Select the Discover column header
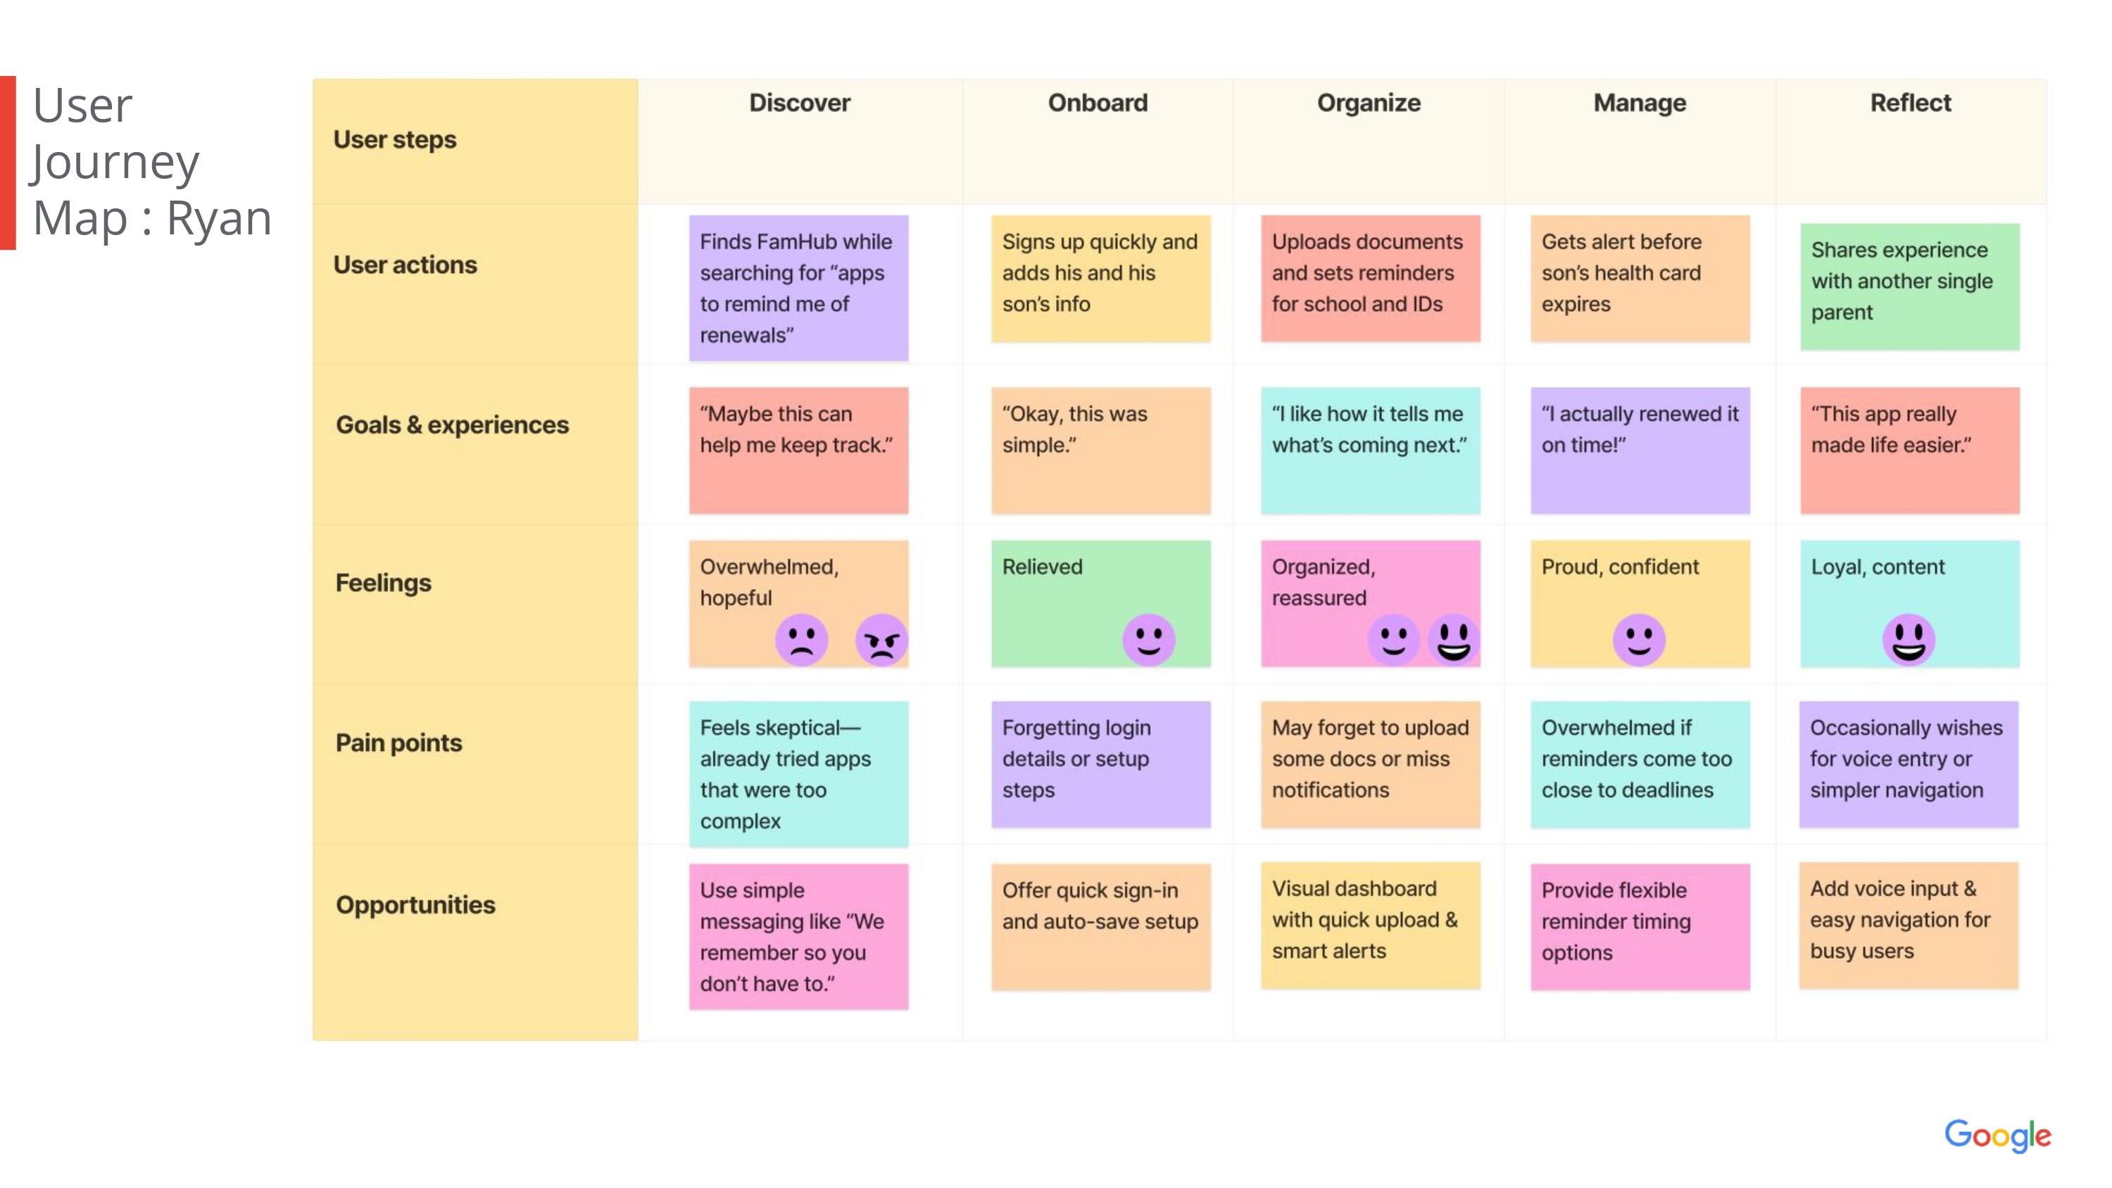coord(799,103)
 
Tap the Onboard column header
coord(1098,103)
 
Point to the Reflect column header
coord(1911,103)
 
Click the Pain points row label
coord(398,742)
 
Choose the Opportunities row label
coord(415,904)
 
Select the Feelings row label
coord(383,583)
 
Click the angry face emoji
coord(881,640)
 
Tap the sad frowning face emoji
coord(801,640)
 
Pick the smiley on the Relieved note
coord(1149,640)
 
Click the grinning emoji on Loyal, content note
coord(1909,640)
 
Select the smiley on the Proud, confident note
coord(1639,640)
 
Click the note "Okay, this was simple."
coord(1100,450)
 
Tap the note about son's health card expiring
coord(1640,278)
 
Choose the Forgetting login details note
coord(1100,764)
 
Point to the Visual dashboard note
coord(1370,925)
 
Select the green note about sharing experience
coord(1909,286)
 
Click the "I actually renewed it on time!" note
coord(1640,450)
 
